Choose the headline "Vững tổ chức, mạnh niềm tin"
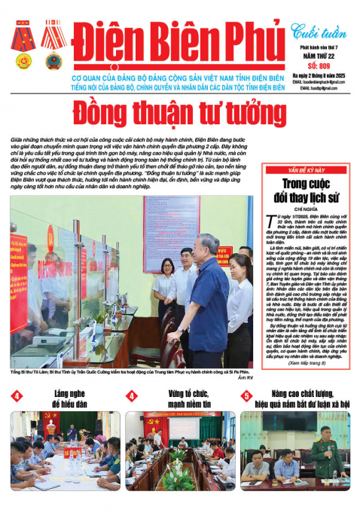coord(181,399)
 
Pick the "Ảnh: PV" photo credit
coord(245,378)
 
